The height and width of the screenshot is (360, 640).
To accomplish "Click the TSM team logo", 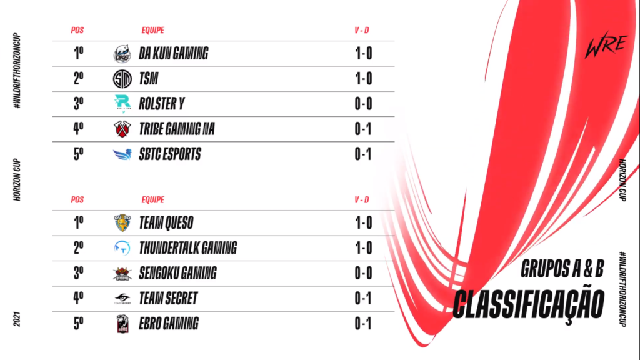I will click(x=122, y=79).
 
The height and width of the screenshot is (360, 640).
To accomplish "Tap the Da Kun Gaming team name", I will click(x=173, y=54).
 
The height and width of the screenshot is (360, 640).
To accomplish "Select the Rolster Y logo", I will click(x=122, y=104).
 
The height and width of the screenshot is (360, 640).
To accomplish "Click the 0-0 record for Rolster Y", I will click(x=363, y=104).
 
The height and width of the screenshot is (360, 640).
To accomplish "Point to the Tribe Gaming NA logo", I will click(x=122, y=129).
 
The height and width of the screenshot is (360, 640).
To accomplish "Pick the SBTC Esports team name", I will click(x=169, y=154).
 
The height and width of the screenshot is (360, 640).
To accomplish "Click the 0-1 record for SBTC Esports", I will click(x=363, y=154).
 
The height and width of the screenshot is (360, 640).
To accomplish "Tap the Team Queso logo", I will click(x=122, y=222).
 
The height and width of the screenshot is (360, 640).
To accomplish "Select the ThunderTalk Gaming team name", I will click(x=187, y=248).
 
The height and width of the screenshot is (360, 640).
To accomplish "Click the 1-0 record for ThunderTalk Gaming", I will click(x=363, y=248).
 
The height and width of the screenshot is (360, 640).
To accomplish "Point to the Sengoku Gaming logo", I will click(x=122, y=273).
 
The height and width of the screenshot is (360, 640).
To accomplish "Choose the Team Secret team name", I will click(x=168, y=299).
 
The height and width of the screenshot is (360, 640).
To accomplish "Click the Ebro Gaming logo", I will click(x=122, y=324).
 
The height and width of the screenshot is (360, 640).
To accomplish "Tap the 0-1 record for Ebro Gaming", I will click(x=363, y=324).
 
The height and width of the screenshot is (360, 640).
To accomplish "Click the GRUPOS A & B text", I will click(x=562, y=270).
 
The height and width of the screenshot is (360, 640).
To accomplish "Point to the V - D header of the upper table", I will click(x=362, y=30).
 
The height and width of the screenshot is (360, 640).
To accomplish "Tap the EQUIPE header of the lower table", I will click(x=153, y=200).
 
